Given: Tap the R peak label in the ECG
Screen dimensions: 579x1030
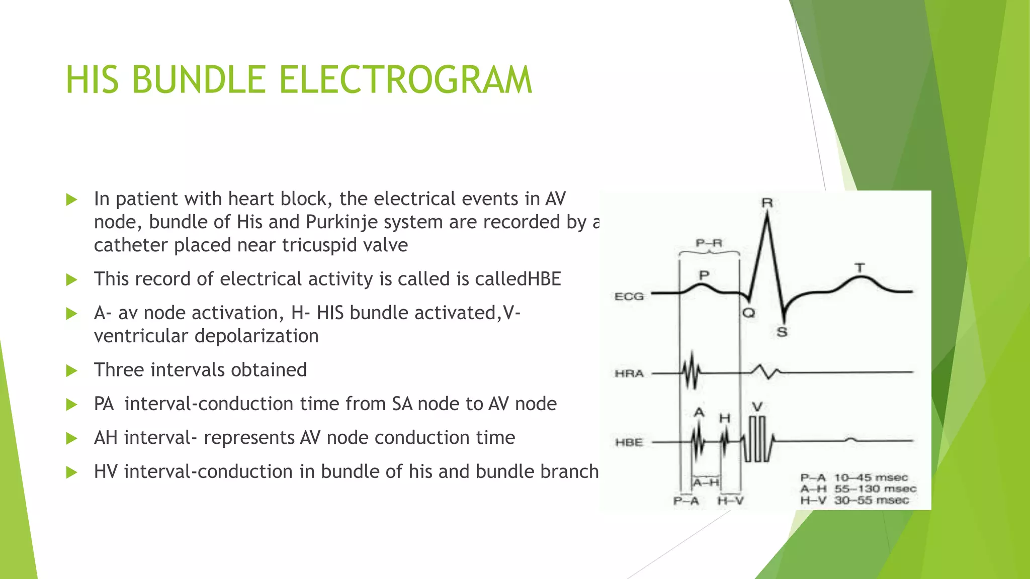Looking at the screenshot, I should [x=767, y=203].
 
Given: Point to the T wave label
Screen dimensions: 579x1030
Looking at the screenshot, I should [x=860, y=268].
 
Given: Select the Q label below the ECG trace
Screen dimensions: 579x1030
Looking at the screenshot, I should [x=749, y=313].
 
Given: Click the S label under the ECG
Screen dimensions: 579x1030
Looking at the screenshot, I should [x=782, y=332].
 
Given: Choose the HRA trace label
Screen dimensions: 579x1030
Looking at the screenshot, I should [x=629, y=373].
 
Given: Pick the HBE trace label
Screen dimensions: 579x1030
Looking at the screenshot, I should [x=629, y=442].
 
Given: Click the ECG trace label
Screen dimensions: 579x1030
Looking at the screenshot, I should [x=629, y=297].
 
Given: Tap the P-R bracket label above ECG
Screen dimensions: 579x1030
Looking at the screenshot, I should [x=709, y=243].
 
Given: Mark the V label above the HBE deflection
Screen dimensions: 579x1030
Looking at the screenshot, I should [x=757, y=407].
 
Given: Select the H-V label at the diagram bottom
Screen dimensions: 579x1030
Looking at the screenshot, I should [x=730, y=501].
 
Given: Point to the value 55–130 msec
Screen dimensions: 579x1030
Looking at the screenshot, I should [x=875, y=489].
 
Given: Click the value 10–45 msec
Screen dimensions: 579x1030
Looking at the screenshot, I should [x=871, y=477].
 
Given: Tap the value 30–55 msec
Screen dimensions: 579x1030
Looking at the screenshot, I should [x=872, y=500].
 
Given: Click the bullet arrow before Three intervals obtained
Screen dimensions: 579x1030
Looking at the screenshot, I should [x=72, y=371].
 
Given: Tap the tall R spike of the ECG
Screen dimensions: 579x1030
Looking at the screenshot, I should [x=767, y=236].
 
